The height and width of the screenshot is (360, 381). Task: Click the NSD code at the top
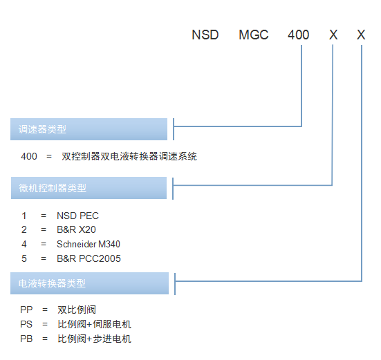pyautogui.click(x=205, y=35)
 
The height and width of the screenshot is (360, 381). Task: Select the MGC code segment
pyautogui.click(x=254, y=35)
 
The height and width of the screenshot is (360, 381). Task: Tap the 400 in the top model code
pyautogui.click(x=299, y=35)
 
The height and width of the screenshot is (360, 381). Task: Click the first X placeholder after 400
pyautogui.click(x=333, y=35)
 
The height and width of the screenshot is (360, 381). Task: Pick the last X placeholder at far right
pyautogui.click(x=361, y=35)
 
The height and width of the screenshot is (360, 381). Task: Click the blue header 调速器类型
pyautogui.click(x=89, y=129)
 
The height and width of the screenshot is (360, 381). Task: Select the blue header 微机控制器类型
pyautogui.click(x=89, y=188)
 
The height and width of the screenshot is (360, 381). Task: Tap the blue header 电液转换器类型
pyautogui.click(x=89, y=283)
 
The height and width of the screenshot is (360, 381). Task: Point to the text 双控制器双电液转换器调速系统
pyautogui.click(x=129, y=156)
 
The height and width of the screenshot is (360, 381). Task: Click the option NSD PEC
pyautogui.click(x=77, y=216)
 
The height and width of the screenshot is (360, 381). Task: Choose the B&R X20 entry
pyautogui.click(x=76, y=229)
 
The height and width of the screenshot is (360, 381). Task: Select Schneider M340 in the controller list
pyautogui.click(x=89, y=244)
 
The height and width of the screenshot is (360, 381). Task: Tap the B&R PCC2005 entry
pyautogui.click(x=89, y=258)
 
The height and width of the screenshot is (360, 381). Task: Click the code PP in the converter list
pyautogui.click(x=26, y=310)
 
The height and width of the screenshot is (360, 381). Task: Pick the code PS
pyautogui.click(x=26, y=324)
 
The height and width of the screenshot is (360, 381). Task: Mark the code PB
pyautogui.click(x=26, y=339)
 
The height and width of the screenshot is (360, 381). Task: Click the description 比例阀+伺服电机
pyautogui.click(x=94, y=324)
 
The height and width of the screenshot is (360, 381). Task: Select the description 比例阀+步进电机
pyautogui.click(x=94, y=339)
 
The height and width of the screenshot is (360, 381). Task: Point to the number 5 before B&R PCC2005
pyautogui.click(x=24, y=258)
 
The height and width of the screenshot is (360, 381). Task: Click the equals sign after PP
pyautogui.click(x=45, y=310)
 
